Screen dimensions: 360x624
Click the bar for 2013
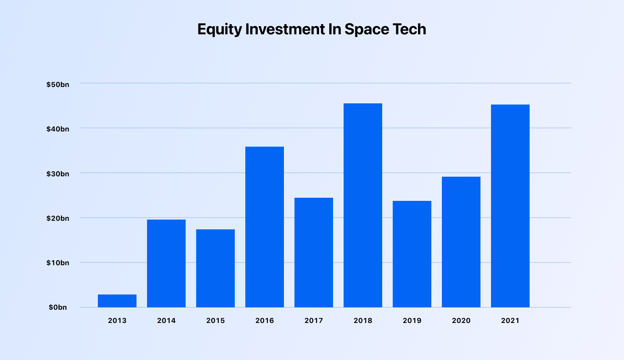[117, 301]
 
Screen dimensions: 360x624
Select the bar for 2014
[166, 263]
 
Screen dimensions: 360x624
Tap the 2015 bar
[215, 268]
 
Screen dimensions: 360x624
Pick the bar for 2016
[264, 227]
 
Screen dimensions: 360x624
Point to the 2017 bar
[314, 252]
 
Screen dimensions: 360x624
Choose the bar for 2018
[363, 205]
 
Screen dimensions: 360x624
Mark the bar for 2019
[412, 254]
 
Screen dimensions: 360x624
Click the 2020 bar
[461, 242]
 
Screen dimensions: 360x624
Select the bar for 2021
[510, 206]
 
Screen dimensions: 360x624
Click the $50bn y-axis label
[58, 85]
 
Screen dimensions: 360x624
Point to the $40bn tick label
[58, 129]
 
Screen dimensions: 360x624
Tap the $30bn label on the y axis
[58, 174]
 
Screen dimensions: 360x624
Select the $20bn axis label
[58, 218]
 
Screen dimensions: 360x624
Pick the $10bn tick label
[58, 263]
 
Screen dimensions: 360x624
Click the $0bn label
[58, 307]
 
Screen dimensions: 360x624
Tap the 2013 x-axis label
[117, 321]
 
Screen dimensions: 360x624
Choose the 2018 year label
[363, 321]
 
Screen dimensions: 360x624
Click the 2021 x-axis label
[510, 321]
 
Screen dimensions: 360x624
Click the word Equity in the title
[220, 30]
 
